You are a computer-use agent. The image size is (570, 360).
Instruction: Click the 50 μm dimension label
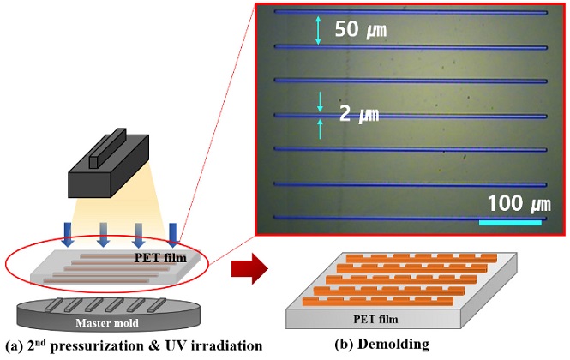coord(360,30)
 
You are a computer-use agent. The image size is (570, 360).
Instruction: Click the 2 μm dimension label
coord(358,114)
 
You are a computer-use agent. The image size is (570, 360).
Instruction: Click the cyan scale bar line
coord(510,222)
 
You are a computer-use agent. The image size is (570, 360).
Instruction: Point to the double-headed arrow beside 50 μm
coord(318,30)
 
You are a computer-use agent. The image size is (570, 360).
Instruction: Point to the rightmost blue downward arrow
coord(174,232)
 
